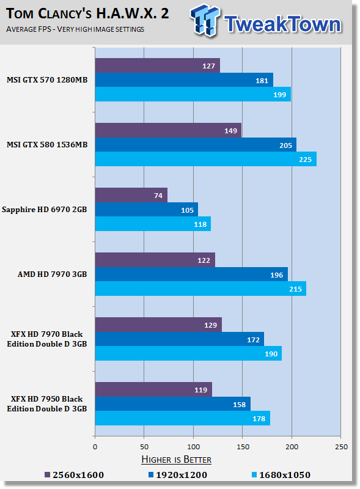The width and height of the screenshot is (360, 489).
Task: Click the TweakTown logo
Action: [x=266, y=21]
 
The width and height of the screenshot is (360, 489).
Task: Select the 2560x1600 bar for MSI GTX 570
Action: [x=158, y=65]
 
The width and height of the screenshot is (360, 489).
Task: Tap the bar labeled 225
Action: [x=206, y=159]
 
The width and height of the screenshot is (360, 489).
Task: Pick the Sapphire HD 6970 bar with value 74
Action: [x=131, y=195]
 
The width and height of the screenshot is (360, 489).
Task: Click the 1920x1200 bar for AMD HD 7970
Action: [x=191, y=274]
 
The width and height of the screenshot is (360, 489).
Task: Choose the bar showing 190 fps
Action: [x=188, y=353]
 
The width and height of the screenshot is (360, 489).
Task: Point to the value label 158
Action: [x=239, y=405]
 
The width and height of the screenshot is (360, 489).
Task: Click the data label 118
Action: [x=200, y=224]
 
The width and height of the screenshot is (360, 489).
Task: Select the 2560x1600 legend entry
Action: [x=74, y=475]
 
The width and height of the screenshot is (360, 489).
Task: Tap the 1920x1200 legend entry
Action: [x=177, y=475]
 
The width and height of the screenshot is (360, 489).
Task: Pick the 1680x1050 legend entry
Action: [x=281, y=475]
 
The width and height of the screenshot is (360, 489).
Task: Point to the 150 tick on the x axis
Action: [x=243, y=447]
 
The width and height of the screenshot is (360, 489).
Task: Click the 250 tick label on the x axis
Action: [x=341, y=447]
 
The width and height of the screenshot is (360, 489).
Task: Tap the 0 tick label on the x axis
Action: [x=95, y=447]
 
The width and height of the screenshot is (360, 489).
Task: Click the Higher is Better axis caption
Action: [x=176, y=460]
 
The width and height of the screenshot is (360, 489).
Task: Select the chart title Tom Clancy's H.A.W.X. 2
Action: [x=87, y=13]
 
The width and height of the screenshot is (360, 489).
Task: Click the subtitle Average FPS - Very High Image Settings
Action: [x=75, y=29]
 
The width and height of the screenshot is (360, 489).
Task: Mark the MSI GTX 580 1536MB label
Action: [x=47, y=145]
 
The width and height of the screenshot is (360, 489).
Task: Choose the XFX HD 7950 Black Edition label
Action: [x=47, y=404]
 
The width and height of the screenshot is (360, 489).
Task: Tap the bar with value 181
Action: [x=184, y=80]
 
